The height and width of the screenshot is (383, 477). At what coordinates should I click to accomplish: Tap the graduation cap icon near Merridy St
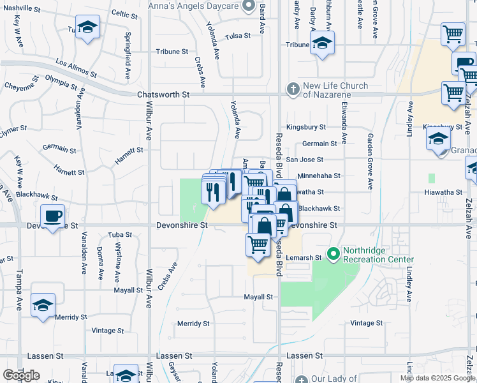tap(43, 304)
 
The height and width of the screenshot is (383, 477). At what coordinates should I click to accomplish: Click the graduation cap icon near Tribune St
tap(323, 43)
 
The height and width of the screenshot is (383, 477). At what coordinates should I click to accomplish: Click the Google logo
tap(21, 375)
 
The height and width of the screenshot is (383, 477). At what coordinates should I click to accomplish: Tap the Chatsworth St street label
tap(164, 94)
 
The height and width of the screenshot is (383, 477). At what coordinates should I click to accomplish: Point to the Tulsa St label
tap(238, 36)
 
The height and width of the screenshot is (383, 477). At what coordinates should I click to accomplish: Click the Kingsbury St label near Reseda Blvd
tap(306, 127)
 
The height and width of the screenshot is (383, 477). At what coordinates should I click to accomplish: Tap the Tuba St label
tap(119, 234)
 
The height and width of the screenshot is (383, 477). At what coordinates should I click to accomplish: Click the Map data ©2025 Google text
tap(437, 378)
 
